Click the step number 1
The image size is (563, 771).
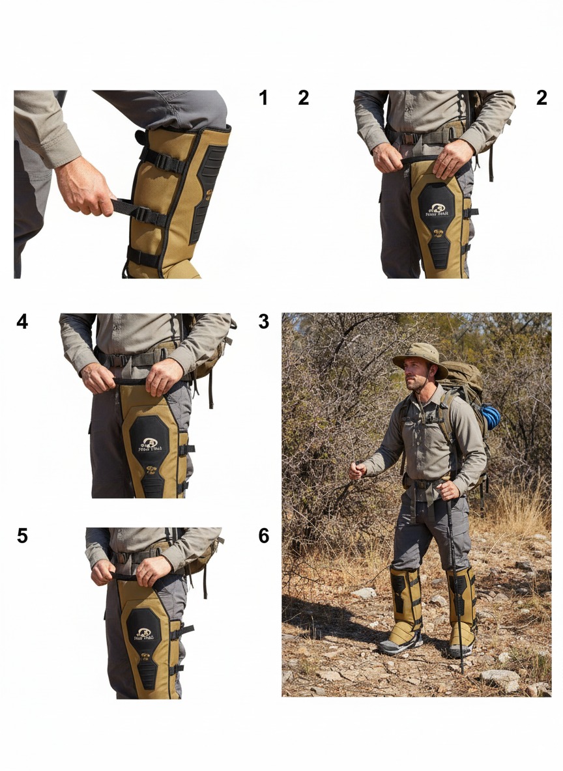[x=263, y=98]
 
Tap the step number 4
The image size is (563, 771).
[x=22, y=322]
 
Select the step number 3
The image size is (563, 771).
[x=263, y=322]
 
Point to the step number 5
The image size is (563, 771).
[x=22, y=537]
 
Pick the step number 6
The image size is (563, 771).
[x=263, y=537]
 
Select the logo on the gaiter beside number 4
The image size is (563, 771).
[x=149, y=445]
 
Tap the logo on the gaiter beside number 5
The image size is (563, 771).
[x=143, y=634]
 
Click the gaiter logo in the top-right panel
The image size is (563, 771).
[x=437, y=210]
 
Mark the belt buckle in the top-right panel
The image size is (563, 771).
[x=409, y=138]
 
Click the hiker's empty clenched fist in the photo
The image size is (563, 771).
[x=357, y=471]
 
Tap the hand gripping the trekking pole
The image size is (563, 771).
[x=448, y=490]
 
